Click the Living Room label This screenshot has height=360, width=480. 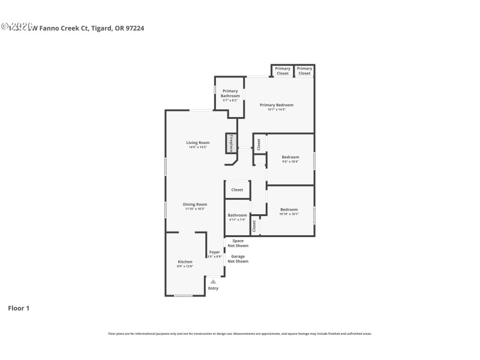click(198, 142)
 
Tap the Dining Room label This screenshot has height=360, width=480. click(194, 204)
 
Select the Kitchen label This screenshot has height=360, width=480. click(185, 262)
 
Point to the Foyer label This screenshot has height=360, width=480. click(214, 252)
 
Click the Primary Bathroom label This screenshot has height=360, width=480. click(230, 94)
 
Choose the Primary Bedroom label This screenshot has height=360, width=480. click(276, 105)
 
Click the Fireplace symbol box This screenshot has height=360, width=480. click(230, 143)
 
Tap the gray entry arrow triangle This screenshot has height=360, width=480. click(213, 281)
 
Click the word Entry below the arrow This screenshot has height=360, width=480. click(213, 288)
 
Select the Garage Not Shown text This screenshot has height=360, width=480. click(238, 259)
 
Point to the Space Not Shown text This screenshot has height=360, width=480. click(238, 243)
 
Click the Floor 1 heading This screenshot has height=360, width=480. click(19, 308)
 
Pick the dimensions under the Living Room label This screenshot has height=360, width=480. click(198, 147)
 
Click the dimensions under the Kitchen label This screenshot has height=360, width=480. click(185, 266)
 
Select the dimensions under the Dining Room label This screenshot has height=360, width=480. click(194, 209)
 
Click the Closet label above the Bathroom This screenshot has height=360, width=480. click(237, 190)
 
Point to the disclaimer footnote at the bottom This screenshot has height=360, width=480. click(240, 333)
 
